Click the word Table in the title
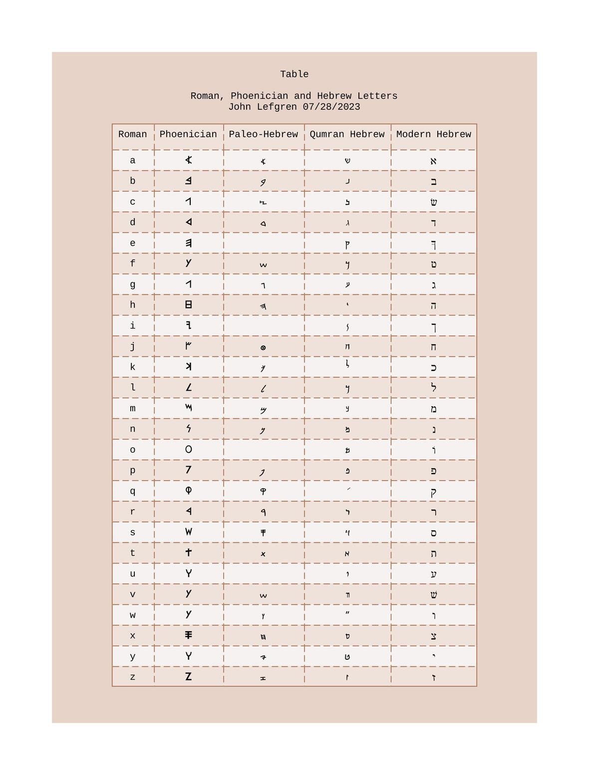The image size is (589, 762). (x=294, y=74)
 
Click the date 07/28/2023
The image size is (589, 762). (x=331, y=107)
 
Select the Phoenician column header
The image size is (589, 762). (x=188, y=134)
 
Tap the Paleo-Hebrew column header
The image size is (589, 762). (x=263, y=134)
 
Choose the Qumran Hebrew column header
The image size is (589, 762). (x=347, y=134)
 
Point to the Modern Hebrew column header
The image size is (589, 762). (x=433, y=134)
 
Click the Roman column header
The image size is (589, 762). (x=132, y=134)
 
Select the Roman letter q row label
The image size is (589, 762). (x=132, y=491)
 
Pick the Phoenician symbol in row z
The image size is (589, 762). (x=188, y=677)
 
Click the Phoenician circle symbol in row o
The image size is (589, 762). (x=188, y=450)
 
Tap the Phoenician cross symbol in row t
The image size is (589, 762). (x=188, y=552)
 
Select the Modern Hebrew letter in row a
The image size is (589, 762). (x=433, y=161)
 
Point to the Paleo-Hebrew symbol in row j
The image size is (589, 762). (x=263, y=348)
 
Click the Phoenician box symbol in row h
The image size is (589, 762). (x=188, y=305)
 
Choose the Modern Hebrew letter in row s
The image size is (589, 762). (x=433, y=533)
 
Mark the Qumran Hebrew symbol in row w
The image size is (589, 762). (x=347, y=613)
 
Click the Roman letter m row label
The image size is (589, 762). (x=132, y=408)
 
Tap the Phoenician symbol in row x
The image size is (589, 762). (x=188, y=635)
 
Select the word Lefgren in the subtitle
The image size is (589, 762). (x=277, y=107)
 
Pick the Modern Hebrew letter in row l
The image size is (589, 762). (x=433, y=387)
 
